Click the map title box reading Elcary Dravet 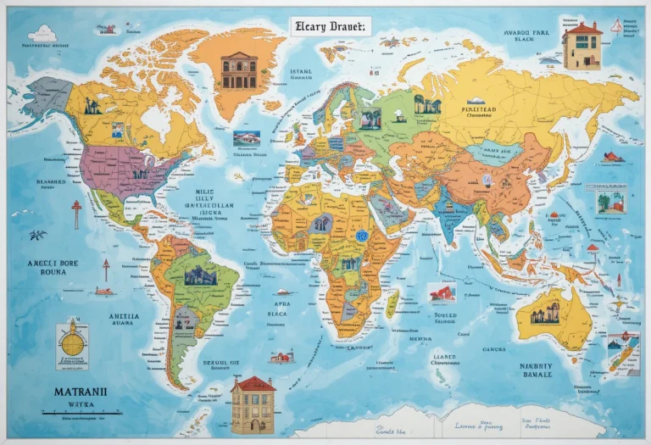click(x=330, y=26)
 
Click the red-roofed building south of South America click(x=253, y=404)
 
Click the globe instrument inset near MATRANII click(x=72, y=345)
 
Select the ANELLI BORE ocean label click(x=53, y=268)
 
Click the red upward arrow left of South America click(x=106, y=270)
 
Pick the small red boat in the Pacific click(x=103, y=291)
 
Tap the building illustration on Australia click(x=545, y=313)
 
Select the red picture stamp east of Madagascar click(x=441, y=293)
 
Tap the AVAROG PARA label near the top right click(x=526, y=36)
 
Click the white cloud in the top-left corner click(x=42, y=34)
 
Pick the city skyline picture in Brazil click(x=201, y=275)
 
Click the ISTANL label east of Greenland click(x=301, y=73)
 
